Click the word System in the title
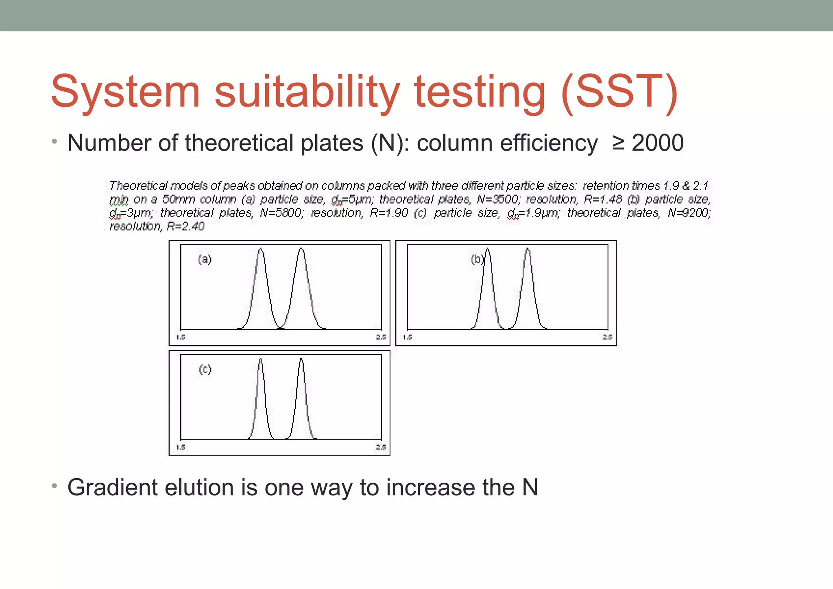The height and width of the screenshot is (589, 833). coord(125,92)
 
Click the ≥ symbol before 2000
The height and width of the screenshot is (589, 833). coord(618,143)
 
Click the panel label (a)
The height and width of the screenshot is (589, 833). coord(205,259)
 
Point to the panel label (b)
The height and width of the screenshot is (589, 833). coord(477,259)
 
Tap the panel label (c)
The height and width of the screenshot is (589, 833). coord(205,369)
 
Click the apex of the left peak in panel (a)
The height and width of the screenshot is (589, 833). coord(261,249)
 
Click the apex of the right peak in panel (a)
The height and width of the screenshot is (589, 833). coord(301,249)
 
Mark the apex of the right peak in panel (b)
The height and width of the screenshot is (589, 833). coord(528,249)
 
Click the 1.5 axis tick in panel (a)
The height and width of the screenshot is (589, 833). coord(181,337)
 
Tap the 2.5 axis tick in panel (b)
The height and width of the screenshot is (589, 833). coord(607,337)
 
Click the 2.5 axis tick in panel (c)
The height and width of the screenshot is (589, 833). coord(381,447)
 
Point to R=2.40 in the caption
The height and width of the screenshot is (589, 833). coord(185,226)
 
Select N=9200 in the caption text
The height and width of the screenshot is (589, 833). coord(689,213)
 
